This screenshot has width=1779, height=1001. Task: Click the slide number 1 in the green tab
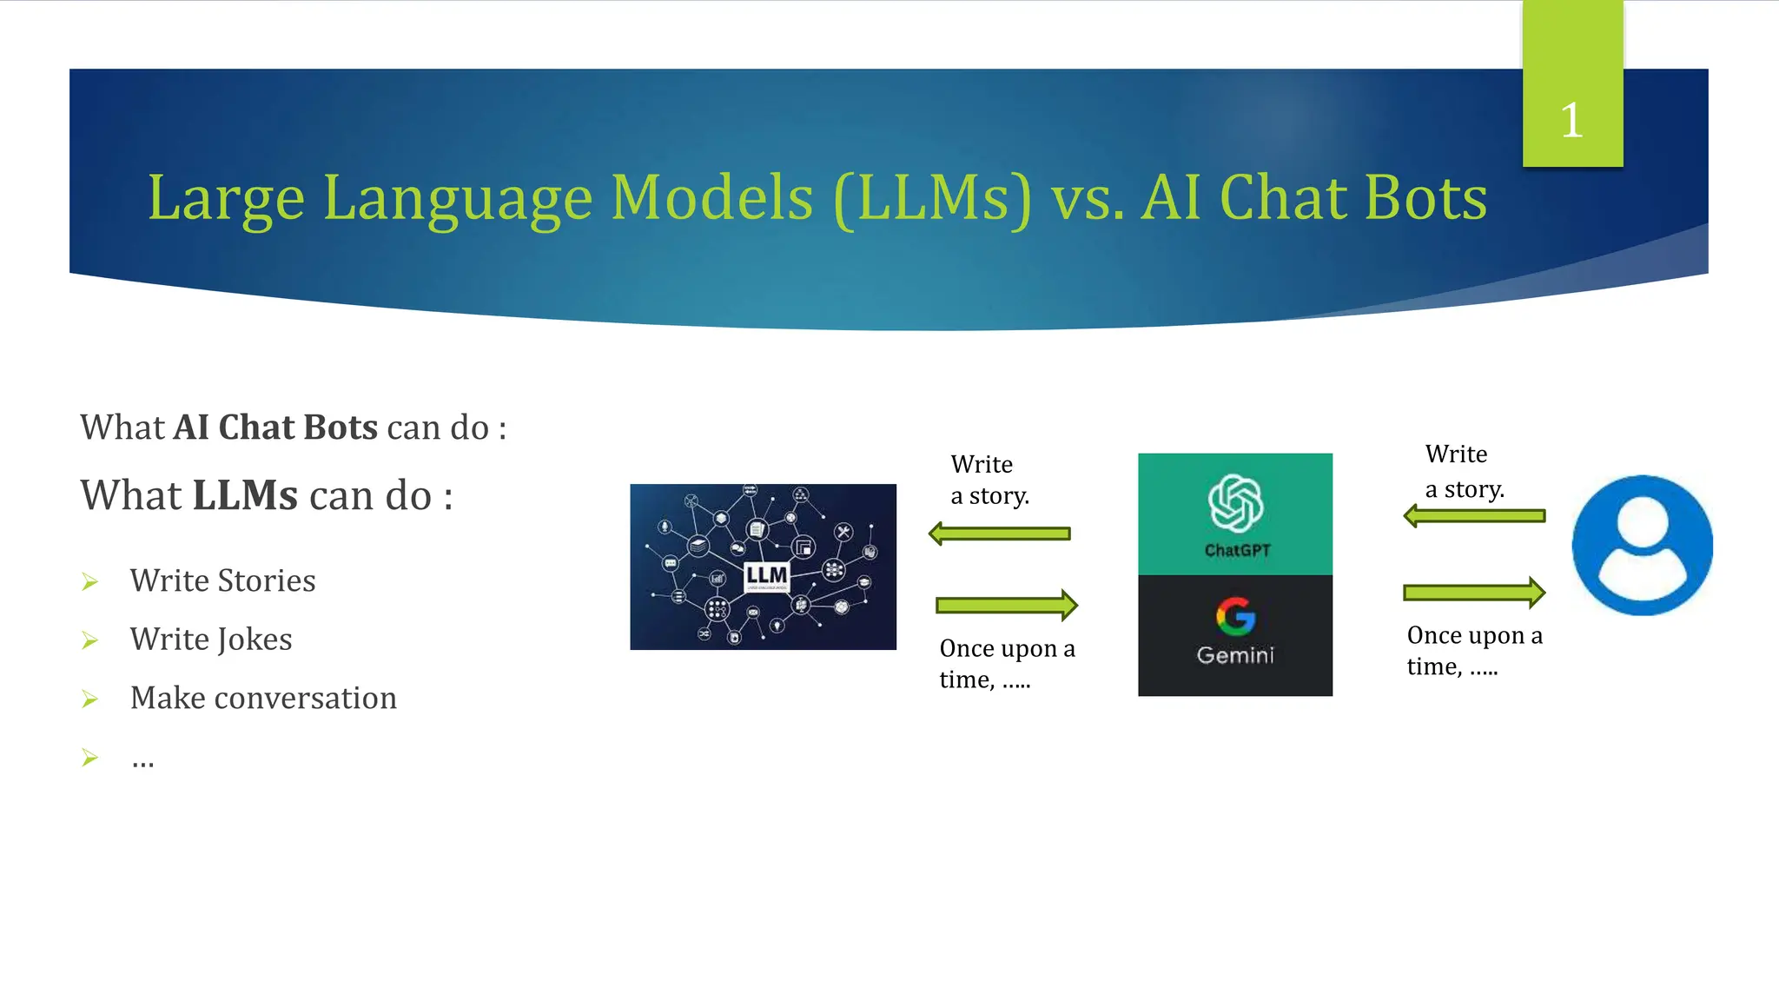1571,120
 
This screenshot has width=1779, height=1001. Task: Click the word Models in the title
711,197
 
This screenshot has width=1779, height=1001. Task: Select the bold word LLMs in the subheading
245,495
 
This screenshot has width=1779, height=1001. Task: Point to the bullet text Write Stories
222,580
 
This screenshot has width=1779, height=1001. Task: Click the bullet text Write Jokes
211,640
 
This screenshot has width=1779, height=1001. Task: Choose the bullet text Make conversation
263,699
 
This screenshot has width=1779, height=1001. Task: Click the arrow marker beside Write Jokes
89,641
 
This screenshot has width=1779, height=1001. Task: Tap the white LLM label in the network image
766,575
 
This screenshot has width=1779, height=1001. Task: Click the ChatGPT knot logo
1235,503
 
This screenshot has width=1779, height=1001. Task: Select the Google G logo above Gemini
1235,616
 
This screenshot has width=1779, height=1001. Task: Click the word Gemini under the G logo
1235,655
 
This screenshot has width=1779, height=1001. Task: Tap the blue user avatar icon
1642,546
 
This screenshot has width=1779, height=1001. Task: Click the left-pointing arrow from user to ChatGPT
1474,516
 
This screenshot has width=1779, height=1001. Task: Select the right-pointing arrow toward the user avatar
1474,593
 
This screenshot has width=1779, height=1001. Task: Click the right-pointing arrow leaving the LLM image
1006,605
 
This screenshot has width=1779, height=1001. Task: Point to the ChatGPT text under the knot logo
1237,550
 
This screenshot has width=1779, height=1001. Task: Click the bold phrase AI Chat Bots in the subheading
275,428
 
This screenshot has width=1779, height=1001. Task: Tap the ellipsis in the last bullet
143,761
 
